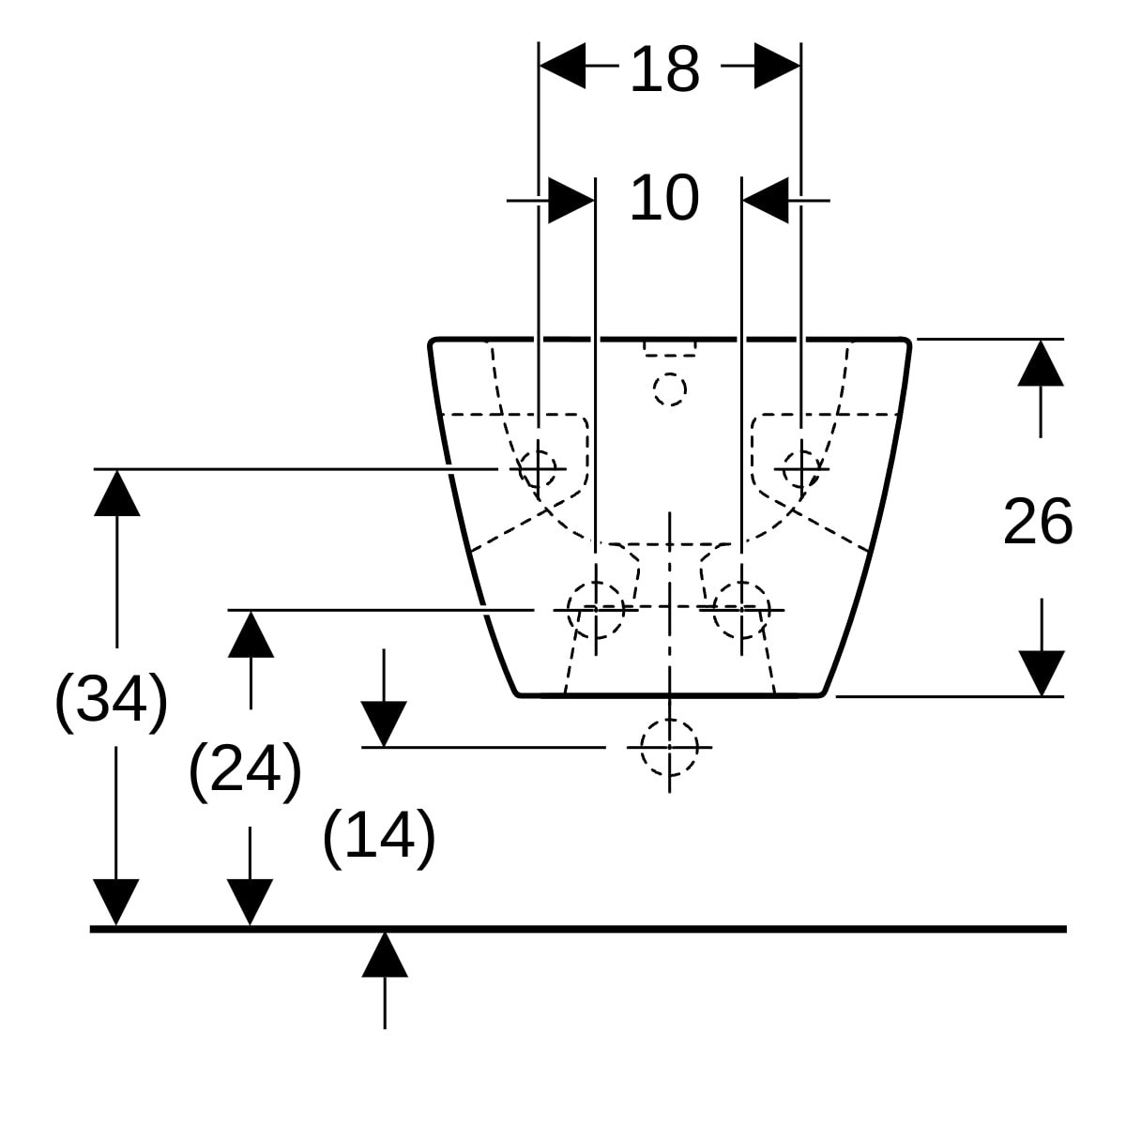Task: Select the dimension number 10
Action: [x=664, y=198]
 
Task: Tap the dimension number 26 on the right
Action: [x=1038, y=521]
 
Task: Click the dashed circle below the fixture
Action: [x=669, y=747]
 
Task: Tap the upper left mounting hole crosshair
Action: [x=538, y=468]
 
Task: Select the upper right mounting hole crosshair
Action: [x=801, y=468]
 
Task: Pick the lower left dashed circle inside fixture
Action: [x=596, y=610]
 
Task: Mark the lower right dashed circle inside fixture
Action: [x=741, y=610]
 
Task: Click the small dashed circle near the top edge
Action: [x=670, y=389]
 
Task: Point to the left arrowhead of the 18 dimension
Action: [x=561, y=66]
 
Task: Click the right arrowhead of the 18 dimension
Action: [x=777, y=66]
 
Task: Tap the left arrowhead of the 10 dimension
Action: [x=571, y=201]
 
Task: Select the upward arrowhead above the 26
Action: [x=1041, y=363]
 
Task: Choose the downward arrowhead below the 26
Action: [x=1042, y=673]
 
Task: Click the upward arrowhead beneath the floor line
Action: [x=385, y=955]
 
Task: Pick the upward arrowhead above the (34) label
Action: [x=117, y=494]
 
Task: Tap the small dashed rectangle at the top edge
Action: [x=670, y=348]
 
